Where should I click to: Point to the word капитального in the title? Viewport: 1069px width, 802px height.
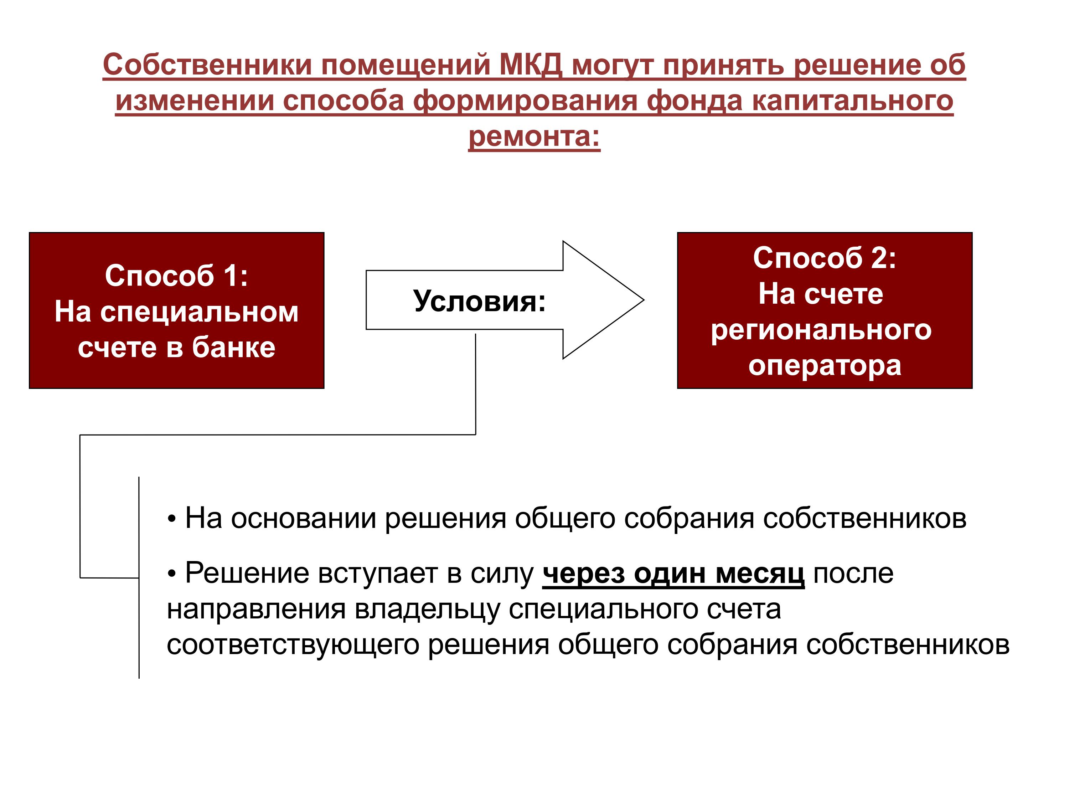coord(852,101)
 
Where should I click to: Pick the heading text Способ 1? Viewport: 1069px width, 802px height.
coord(176,276)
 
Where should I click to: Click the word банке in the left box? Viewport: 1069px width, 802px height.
coord(233,347)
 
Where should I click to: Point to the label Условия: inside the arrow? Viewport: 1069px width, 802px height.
coord(479,301)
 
